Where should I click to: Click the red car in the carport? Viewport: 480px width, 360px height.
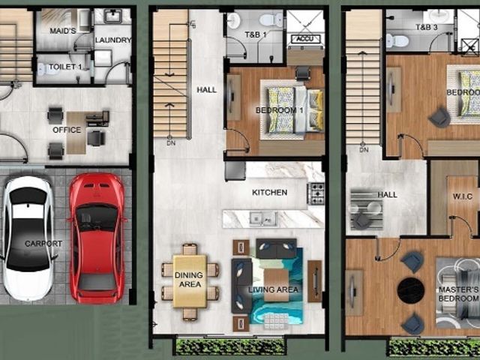point(97,237)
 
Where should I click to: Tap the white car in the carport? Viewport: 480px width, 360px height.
point(28,238)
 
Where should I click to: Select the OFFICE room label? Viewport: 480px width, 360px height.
point(67,130)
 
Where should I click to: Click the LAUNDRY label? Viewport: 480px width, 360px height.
point(113,40)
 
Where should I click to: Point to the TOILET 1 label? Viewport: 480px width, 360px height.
point(65,67)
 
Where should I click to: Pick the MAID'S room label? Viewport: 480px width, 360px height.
point(63,31)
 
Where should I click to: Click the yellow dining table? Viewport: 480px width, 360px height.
point(190,280)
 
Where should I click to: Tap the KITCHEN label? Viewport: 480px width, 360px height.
point(270,193)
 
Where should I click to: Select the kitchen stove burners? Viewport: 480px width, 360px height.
point(316,193)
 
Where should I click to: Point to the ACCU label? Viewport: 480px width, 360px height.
point(305,39)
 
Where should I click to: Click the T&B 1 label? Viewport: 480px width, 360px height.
point(256,35)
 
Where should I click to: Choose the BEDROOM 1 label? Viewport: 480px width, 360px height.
point(280,110)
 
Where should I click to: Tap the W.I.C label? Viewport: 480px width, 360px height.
point(463,196)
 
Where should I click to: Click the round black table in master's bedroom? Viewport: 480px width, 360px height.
point(410,290)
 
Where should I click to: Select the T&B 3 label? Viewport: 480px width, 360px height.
point(427,27)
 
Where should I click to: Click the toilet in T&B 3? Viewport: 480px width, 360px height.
point(397,40)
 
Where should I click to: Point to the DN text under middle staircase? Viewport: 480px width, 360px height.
point(171,143)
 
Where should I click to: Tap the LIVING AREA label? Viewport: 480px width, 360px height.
point(273,289)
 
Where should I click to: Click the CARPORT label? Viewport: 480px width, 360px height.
point(43,244)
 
